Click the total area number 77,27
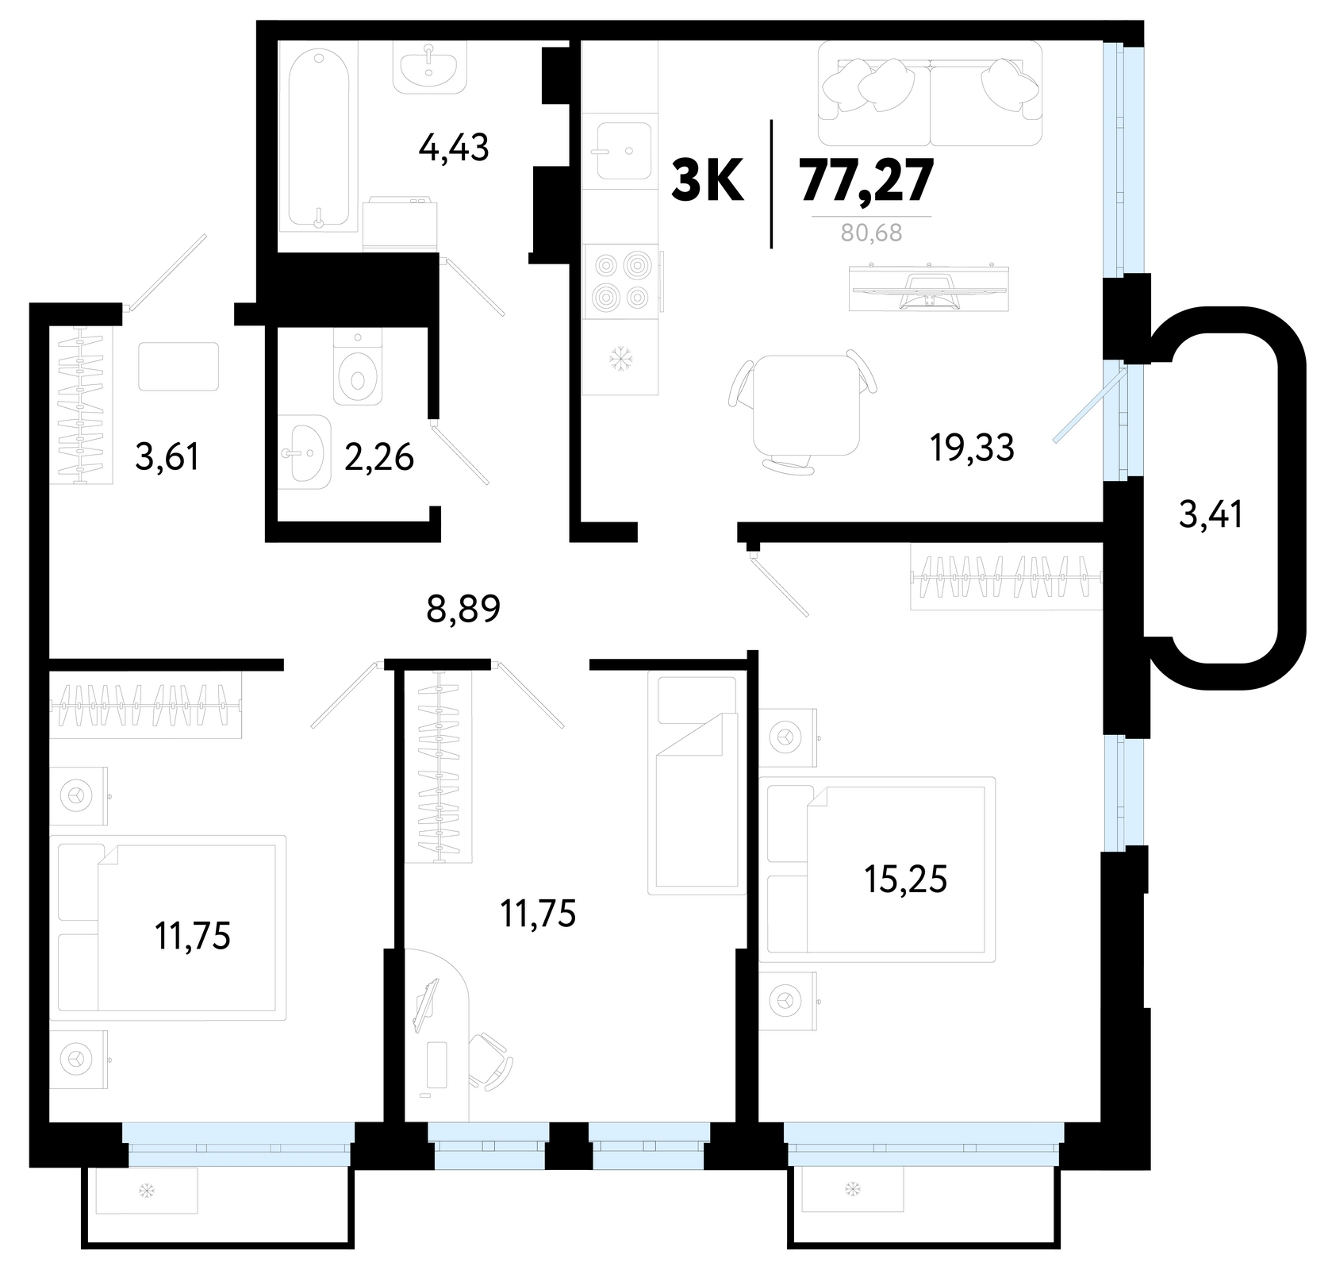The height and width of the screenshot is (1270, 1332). point(867,183)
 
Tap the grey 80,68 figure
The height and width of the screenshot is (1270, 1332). point(872,233)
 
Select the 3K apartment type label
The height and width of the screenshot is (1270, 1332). point(708,182)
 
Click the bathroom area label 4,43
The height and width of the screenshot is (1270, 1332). point(453,148)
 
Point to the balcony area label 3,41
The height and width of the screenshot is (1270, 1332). point(1211,516)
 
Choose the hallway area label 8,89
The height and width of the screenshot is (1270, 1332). point(464,610)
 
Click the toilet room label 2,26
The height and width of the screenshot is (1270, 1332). point(379,457)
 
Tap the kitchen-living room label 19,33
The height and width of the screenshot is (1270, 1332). point(973,448)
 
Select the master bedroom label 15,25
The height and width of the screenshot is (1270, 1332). point(906,880)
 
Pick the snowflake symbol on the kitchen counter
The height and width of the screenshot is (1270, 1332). point(619,361)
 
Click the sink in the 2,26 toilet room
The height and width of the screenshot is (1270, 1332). point(305,451)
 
